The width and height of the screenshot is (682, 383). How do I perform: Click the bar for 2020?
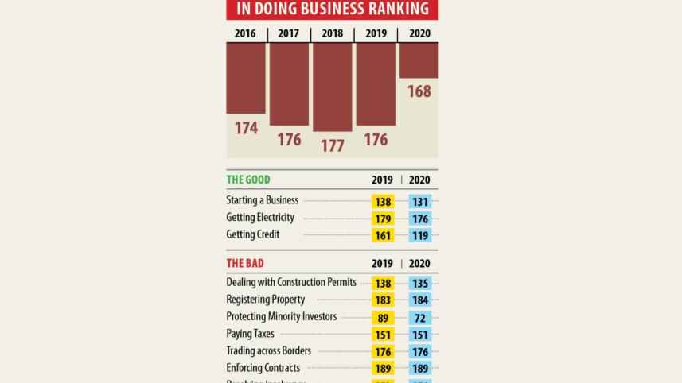coord(419,60)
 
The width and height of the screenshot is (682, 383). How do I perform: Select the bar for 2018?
coord(332,87)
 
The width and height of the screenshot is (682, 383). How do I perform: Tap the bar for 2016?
coord(246,78)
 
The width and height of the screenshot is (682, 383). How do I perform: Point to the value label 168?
coord(419,91)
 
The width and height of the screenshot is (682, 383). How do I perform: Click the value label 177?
coord(332,145)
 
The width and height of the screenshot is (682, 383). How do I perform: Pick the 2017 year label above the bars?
coord(289,33)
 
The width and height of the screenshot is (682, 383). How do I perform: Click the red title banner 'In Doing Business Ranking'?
coord(332,9)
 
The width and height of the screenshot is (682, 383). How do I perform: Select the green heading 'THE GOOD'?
coord(248,180)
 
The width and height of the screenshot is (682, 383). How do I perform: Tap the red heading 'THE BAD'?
coord(245,263)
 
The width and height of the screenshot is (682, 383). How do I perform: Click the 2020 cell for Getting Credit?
coord(419,235)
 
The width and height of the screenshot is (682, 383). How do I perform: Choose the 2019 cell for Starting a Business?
coord(383,202)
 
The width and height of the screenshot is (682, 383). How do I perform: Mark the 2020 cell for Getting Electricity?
coord(419,219)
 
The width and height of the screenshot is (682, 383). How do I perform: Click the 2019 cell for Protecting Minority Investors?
coord(383,317)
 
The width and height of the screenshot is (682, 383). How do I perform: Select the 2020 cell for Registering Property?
coord(419,300)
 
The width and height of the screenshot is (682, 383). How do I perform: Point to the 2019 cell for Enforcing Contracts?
coord(383,369)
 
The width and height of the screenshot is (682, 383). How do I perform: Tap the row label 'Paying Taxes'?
coord(251,334)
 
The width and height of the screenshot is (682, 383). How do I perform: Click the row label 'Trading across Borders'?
coord(268,350)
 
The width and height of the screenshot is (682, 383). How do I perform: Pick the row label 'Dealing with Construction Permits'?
coord(291,282)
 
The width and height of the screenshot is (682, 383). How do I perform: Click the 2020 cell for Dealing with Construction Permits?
coord(419,283)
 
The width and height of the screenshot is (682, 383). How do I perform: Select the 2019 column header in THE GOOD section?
coord(383,180)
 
